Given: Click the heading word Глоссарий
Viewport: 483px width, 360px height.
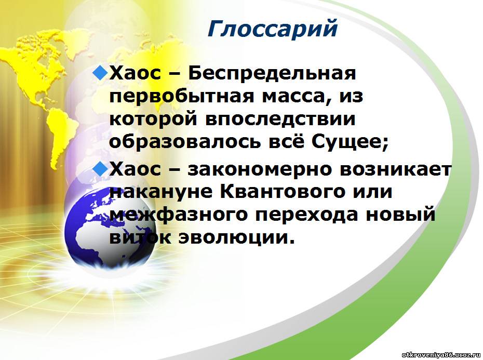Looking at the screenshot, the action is (273, 29).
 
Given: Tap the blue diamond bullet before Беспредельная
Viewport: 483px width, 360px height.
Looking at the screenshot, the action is (100, 73).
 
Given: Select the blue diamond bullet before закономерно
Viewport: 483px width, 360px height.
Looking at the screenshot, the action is (100, 169).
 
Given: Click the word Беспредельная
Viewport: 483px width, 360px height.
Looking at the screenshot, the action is (272, 74).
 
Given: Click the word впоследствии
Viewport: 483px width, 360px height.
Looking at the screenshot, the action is (280, 119).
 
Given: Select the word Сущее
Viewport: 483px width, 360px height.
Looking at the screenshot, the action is (350, 142).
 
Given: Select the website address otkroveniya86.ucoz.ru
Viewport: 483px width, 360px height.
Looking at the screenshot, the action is (441, 354).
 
